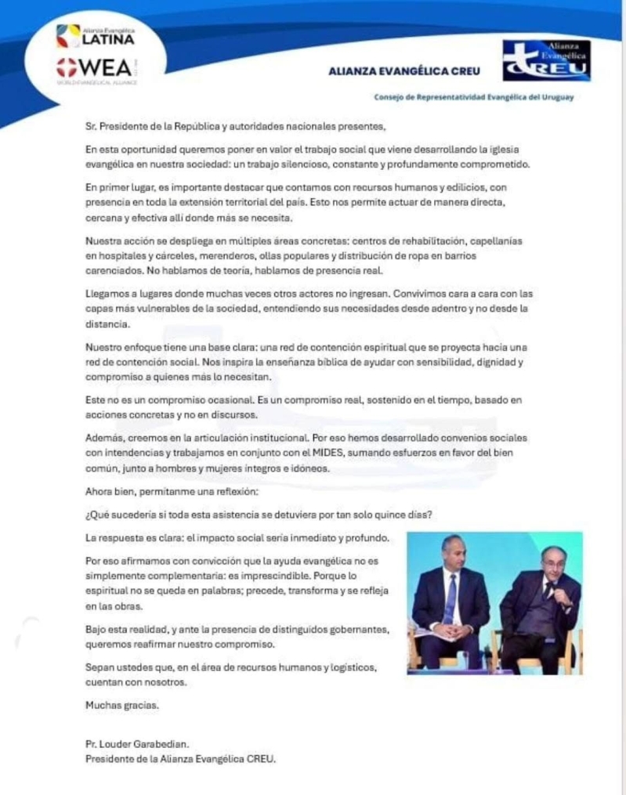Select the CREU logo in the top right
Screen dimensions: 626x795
[x=546, y=61]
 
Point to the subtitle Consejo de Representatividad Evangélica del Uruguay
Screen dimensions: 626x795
[x=474, y=97]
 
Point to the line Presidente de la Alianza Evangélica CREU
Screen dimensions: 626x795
[x=180, y=758]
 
